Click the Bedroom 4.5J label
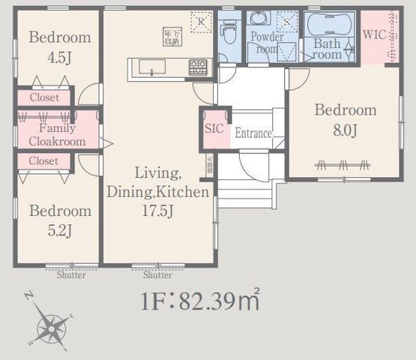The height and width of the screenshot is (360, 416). coord(59,45)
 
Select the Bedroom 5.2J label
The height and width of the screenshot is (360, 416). coord(59,220)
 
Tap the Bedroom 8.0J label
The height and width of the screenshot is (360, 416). coord(345,119)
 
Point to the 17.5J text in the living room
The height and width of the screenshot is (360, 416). coord(157,211)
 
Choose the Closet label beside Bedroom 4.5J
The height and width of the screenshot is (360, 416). coord(44,97)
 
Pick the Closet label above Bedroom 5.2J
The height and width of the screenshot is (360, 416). coord(44,160)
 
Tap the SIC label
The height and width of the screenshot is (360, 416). coord(214,128)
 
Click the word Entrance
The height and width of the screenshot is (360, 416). coord(253,133)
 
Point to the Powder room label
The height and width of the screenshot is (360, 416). coord(267,42)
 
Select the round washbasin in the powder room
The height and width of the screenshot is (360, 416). coord(259,18)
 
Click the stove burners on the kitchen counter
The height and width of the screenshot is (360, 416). coord(198,67)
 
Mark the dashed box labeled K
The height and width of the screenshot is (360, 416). coord(200,22)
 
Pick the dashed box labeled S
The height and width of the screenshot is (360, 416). coord(286,20)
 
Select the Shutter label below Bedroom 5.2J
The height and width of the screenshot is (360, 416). coord(70,274)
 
